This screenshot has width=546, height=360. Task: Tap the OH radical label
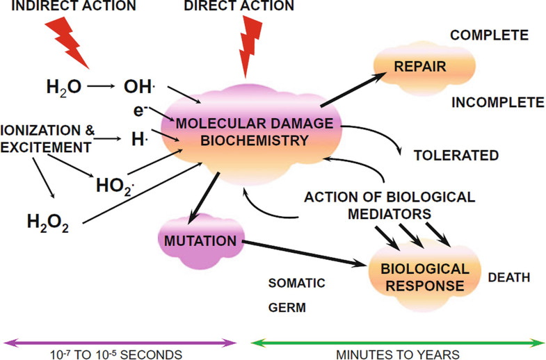click(139, 87)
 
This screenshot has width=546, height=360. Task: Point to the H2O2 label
click(48, 222)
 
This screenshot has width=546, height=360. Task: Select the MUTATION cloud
click(200, 241)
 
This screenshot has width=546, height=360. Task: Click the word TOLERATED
click(456, 155)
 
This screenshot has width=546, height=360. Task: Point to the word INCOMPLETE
click(497, 103)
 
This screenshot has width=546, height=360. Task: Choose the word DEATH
click(508, 277)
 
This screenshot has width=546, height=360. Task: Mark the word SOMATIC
click(296, 283)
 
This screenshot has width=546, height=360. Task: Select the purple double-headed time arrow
click(120, 341)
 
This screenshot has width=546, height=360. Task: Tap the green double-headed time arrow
click(397, 341)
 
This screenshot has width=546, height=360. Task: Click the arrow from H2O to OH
click(102, 87)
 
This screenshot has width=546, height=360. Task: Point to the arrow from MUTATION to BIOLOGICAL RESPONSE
click(306, 254)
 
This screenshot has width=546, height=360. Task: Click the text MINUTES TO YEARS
click(397, 354)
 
